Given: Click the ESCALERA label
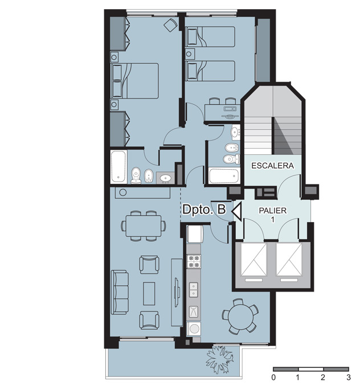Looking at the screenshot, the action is click(x=273, y=166).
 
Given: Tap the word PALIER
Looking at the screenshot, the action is click(x=273, y=210).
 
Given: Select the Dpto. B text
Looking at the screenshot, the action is click(x=204, y=210).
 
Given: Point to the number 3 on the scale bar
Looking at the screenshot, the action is click(x=348, y=377).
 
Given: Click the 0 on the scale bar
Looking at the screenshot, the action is click(x=273, y=377).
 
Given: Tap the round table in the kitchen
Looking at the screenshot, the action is click(x=240, y=316).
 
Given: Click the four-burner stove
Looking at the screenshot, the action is click(x=194, y=261).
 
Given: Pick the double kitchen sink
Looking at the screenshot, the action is click(x=194, y=290).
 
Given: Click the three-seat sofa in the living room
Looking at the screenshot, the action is click(x=120, y=292).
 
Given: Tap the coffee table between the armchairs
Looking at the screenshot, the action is click(x=149, y=293).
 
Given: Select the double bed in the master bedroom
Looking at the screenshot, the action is click(x=135, y=81).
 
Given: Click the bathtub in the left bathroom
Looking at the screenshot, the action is click(x=118, y=166).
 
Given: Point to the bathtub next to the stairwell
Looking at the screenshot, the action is click(x=224, y=176).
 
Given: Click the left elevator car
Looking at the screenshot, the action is click(x=254, y=260).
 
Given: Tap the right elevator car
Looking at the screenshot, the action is click(x=289, y=260).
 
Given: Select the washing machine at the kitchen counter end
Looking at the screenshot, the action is click(x=194, y=329).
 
